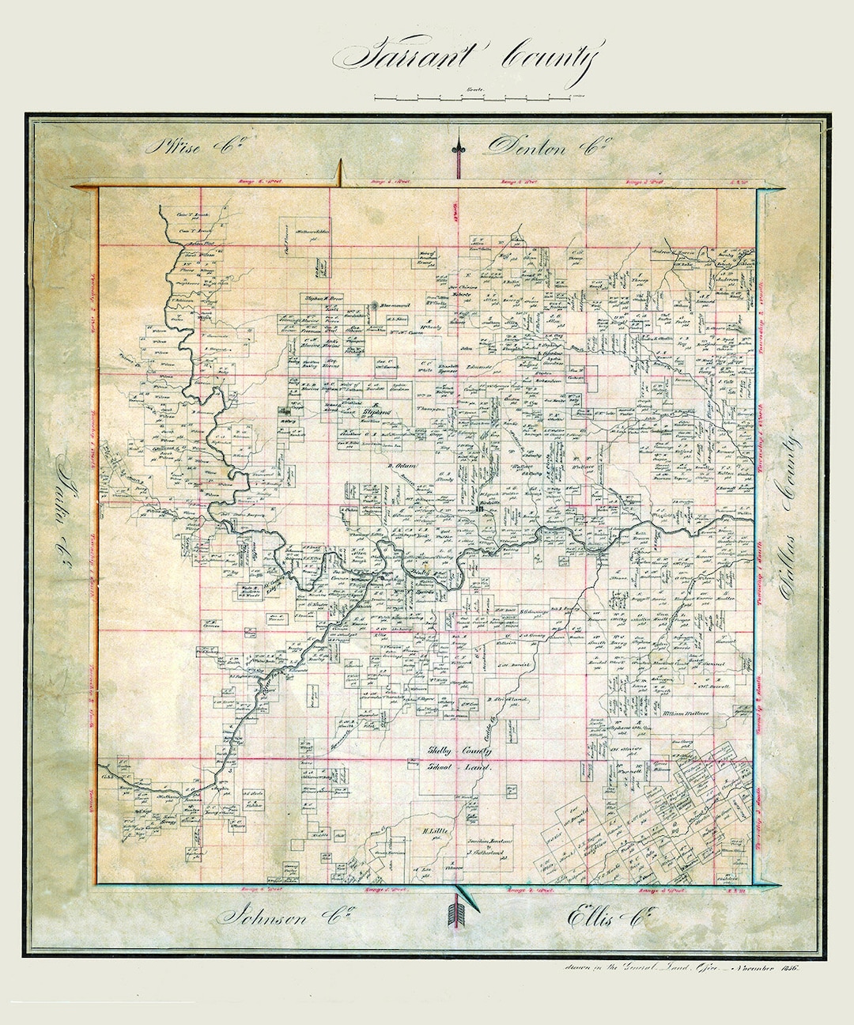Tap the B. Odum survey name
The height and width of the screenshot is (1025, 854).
(x=401, y=466)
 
